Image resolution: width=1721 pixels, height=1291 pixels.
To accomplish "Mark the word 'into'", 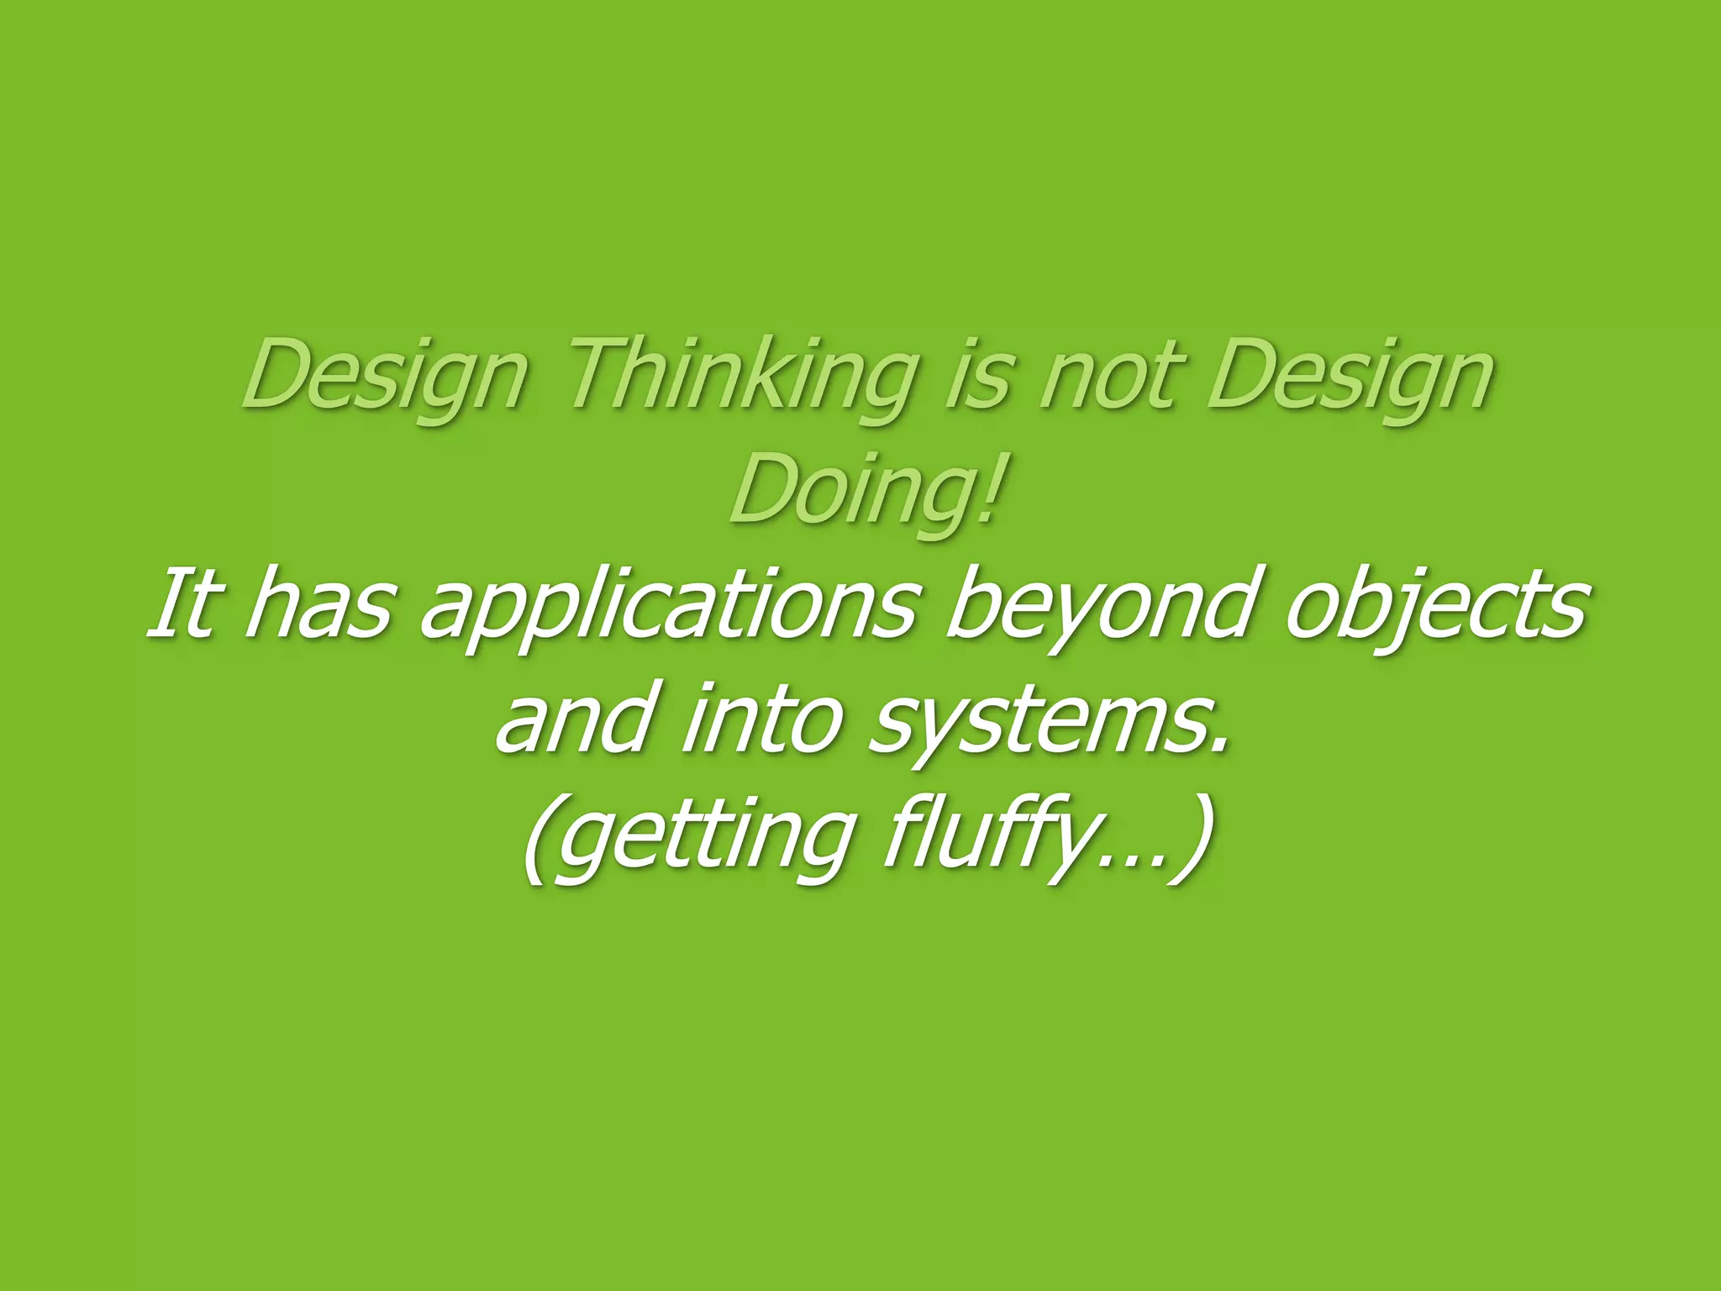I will pyautogui.click(x=761, y=719).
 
